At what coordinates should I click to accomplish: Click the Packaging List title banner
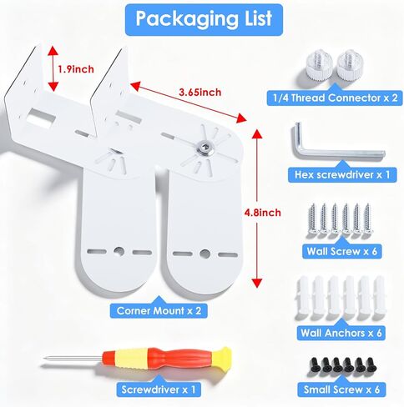coord(204,19)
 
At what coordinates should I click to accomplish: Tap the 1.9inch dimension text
coord(76,69)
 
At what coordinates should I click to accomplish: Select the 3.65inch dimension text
coord(200,93)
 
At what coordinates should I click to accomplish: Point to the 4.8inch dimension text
coord(262,213)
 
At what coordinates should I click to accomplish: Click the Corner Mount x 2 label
coord(159,310)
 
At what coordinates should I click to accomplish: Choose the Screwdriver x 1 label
coord(159,389)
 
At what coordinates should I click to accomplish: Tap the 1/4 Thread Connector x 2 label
coord(335,98)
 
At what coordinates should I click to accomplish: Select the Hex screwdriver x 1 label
coord(342,174)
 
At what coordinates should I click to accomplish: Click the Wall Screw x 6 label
coord(342,251)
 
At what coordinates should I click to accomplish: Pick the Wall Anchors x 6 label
coord(341,333)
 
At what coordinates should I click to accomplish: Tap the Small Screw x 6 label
coord(341,389)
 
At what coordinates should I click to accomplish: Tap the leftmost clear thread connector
coord(319,68)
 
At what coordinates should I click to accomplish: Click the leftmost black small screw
coord(316,365)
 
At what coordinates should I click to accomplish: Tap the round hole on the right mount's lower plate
coord(205,254)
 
